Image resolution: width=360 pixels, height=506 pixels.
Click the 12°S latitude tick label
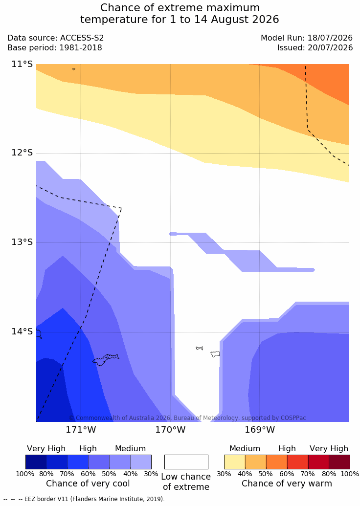[x=22, y=153]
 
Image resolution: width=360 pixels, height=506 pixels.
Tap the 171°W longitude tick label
[x=81, y=430]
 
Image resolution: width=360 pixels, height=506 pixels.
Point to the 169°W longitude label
[x=260, y=430]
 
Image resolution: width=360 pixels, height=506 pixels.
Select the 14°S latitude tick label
[x=22, y=331]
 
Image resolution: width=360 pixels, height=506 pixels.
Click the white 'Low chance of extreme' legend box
[x=186, y=462]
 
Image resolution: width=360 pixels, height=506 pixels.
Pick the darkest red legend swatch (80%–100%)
[x=339, y=462]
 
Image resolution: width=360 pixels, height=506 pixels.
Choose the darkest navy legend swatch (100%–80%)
[x=36, y=462]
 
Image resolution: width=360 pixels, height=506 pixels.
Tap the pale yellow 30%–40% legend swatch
[x=235, y=462]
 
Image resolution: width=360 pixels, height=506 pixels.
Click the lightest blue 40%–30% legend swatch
[x=141, y=462]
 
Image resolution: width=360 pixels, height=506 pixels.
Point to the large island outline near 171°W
[x=105, y=360]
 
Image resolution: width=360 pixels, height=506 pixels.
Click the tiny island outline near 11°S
[x=74, y=69]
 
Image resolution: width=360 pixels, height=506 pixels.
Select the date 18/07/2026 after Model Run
[x=330, y=38]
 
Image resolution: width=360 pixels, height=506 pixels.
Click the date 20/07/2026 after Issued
[x=330, y=48]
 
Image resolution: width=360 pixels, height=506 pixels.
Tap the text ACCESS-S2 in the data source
[x=82, y=38]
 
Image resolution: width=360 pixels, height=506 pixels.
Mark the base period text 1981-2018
[x=80, y=48]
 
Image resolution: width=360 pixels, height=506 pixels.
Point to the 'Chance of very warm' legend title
[x=287, y=484]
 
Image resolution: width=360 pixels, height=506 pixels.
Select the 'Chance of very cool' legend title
[x=88, y=484]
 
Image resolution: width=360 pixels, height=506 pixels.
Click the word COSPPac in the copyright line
[x=293, y=418]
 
